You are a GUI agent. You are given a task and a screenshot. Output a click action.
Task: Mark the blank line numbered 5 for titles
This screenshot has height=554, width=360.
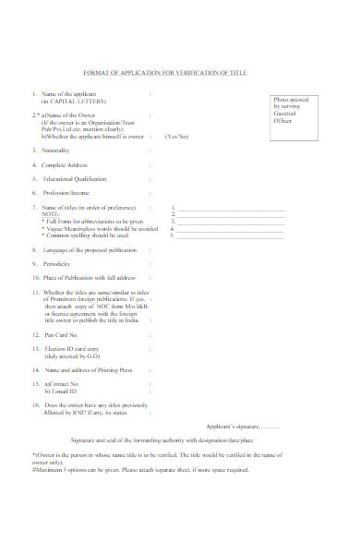pos(231,235)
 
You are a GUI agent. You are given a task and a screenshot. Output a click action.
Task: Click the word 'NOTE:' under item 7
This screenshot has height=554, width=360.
pos(51,214)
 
